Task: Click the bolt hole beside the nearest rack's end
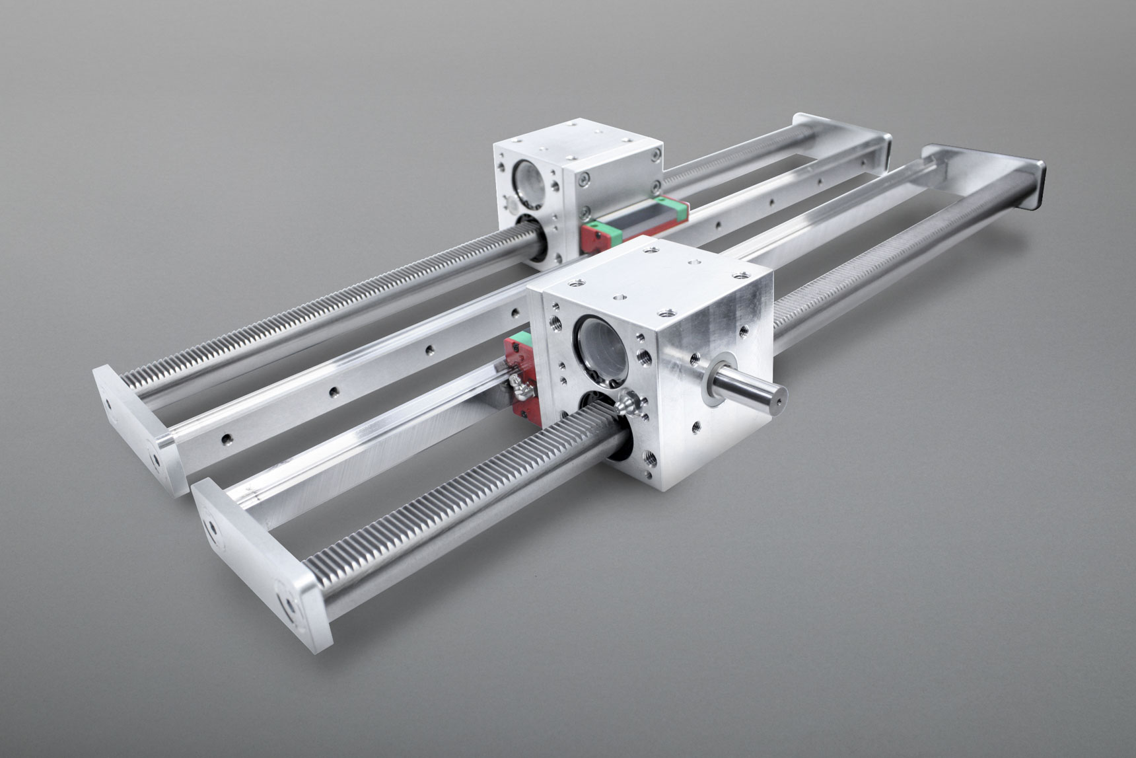tap(288, 604)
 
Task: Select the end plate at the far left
tap(132, 430)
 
